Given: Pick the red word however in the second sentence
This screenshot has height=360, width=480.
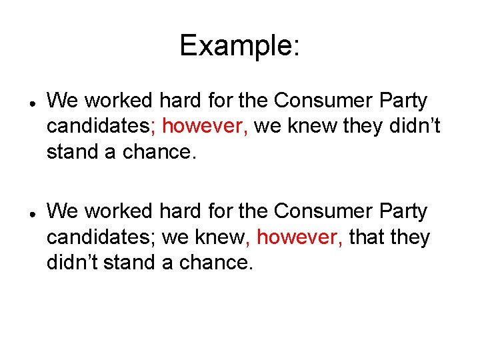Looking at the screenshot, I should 299,237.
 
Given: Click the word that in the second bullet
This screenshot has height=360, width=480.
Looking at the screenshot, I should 367,237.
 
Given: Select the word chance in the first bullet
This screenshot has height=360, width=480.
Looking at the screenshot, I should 160,153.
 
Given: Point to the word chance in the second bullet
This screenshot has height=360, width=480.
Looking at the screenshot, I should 219,263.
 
